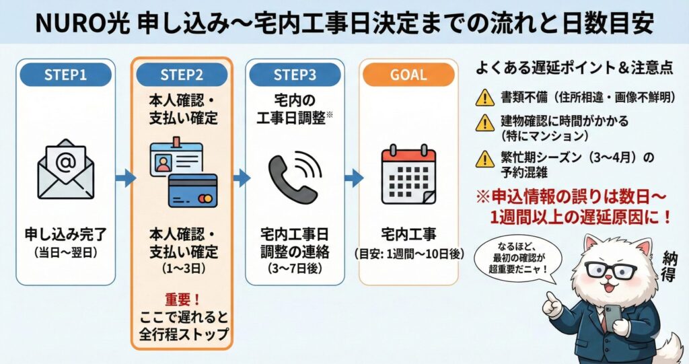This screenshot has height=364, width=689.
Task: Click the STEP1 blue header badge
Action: coord(65,75)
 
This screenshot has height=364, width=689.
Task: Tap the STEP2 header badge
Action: coord(181,75)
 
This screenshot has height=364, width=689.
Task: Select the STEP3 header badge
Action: coord(294,75)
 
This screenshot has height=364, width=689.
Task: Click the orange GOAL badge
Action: coord(408,75)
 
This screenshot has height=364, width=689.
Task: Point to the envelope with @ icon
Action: coord(65,168)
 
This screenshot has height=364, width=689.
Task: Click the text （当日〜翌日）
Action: coord(65,254)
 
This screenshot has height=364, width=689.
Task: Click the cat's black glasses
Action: coord(610,270)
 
